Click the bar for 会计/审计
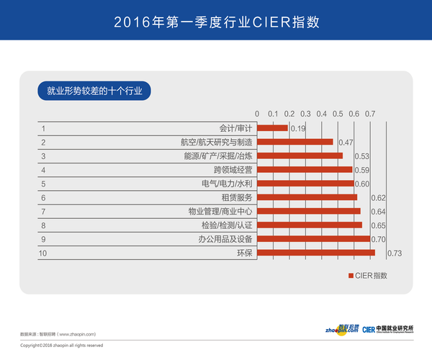[272, 128]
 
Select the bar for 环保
[316, 253]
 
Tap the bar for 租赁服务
[307, 197]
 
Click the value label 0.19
[297, 129]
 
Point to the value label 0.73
[394, 253]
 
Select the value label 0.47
[345, 143]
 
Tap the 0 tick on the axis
[257, 114]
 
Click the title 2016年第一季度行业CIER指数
[216, 21]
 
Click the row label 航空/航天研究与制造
[216, 143]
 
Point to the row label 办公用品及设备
[225, 239]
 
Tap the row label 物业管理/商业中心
[220, 212]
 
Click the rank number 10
[45, 253]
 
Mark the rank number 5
[44, 184]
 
